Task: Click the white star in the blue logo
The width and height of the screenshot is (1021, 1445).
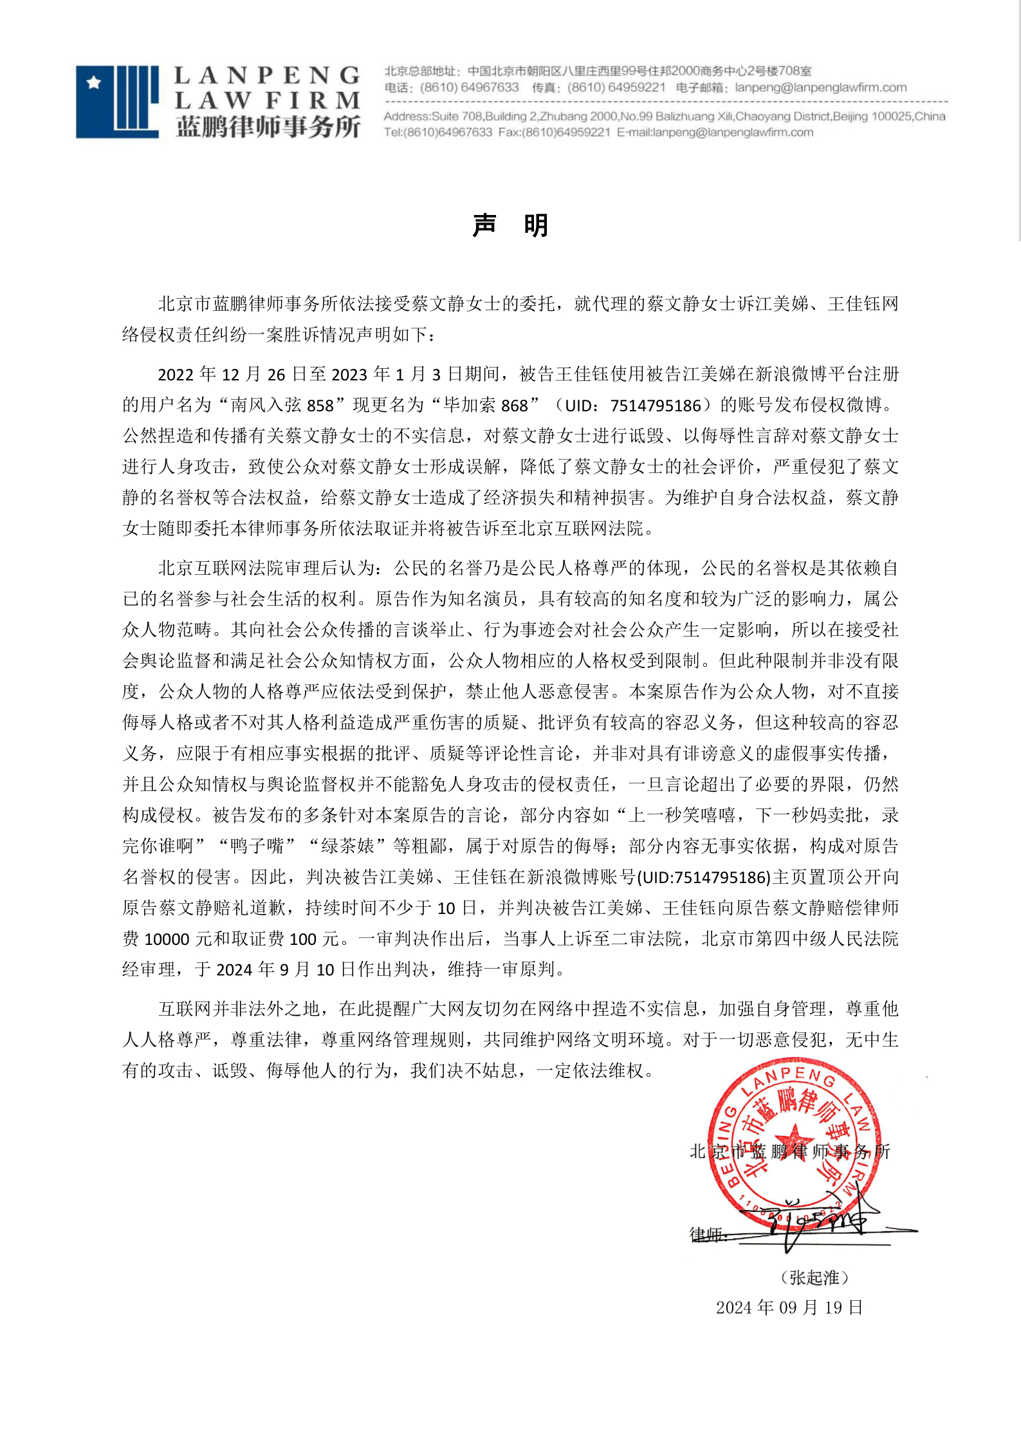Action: click(x=95, y=82)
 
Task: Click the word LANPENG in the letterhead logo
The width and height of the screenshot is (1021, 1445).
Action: click(x=267, y=76)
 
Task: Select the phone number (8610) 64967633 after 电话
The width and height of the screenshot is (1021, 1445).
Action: click(x=469, y=88)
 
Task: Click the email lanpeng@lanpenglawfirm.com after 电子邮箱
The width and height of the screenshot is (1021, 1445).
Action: click(x=820, y=88)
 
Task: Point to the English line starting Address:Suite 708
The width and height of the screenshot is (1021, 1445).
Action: click(x=664, y=117)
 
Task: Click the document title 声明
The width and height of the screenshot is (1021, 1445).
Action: click(x=510, y=225)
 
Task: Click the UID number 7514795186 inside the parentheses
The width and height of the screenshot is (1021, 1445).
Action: click(x=656, y=406)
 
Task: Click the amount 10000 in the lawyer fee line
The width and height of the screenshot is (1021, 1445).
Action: click(x=167, y=939)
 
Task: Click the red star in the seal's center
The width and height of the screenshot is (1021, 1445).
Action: click(x=793, y=1139)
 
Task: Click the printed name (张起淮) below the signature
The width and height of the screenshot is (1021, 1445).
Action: click(x=814, y=1278)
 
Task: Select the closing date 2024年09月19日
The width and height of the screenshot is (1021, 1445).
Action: click(x=789, y=1307)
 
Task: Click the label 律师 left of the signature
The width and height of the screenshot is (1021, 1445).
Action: click(x=706, y=1234)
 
